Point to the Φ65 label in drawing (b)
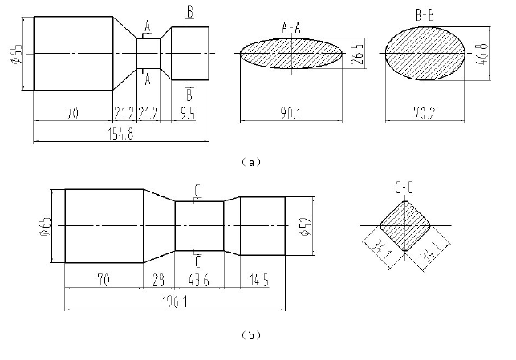(x=48, y=228)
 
